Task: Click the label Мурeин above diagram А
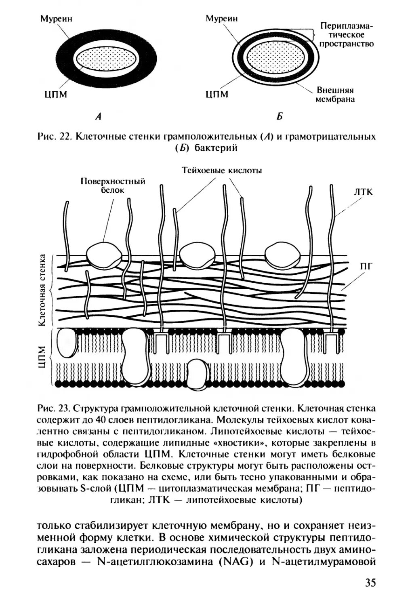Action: [57, 19]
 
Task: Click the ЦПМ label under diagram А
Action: [55, 95]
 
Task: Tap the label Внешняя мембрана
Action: [335, 94]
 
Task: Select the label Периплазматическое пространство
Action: [347, 35]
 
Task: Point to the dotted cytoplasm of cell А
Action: [107, 59]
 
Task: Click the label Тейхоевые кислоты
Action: [222, 170]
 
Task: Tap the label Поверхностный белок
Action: [113, 185]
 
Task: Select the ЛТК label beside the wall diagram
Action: [363, 192]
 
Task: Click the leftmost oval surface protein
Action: [104, 255]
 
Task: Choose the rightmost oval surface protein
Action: [282, 255]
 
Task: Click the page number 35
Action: [370, 583]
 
